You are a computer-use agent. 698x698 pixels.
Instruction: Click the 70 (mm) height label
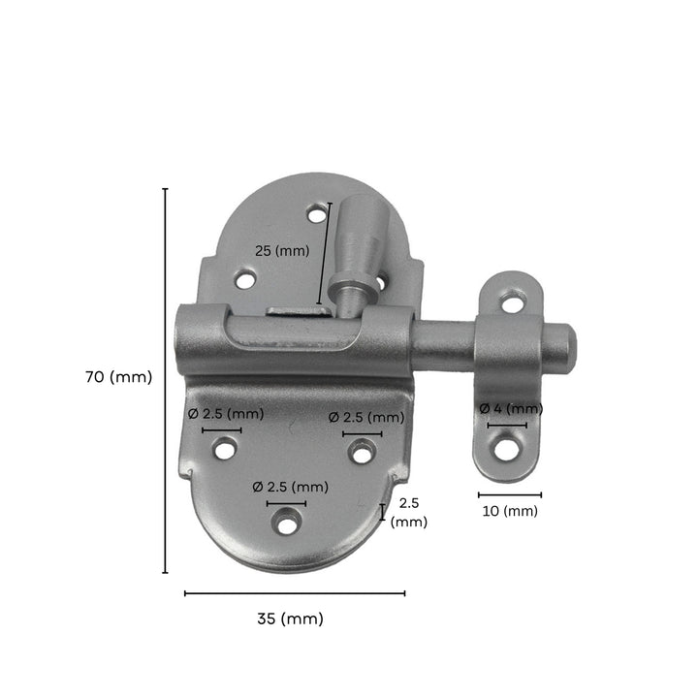118,378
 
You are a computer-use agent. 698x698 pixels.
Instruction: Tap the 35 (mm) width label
292,619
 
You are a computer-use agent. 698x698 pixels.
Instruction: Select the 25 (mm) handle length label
281,250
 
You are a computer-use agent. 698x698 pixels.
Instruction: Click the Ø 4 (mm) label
511,408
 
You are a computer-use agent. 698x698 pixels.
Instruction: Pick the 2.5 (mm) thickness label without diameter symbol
408,512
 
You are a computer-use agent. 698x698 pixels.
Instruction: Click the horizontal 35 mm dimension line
295,592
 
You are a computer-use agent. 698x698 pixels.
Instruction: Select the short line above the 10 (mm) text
509,494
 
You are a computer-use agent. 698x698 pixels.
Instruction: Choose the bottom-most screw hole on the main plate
285,522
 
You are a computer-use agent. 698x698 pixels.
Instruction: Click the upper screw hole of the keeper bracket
512,303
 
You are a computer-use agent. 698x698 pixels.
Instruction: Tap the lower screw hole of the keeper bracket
504,448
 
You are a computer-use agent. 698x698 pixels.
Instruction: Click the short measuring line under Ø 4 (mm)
507,426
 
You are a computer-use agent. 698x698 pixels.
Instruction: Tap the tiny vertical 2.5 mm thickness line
382,512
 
